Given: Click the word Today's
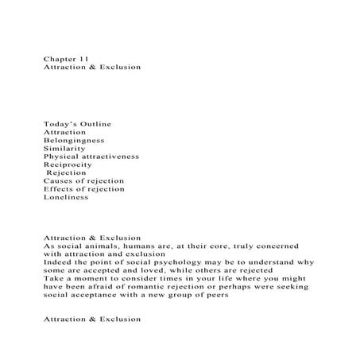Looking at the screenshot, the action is coord(61,124).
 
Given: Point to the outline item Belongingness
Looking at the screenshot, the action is coord(74,140).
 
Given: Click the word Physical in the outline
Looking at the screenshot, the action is coord(61,157).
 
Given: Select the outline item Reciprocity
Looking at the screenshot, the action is coord(68,165).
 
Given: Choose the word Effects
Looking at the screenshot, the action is coord(60,188).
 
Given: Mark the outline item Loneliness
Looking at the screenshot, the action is coord(66,196).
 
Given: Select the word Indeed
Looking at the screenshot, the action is coord(59,261).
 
